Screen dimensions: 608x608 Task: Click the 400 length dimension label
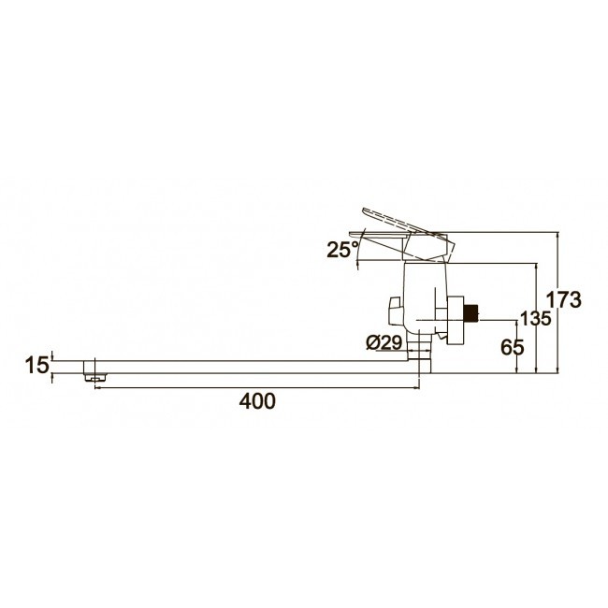click(x=257, y=401)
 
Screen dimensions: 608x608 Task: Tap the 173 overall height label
click(x=564, y=299)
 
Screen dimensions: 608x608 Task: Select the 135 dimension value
click(x=535, y=319)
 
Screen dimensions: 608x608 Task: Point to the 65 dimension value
click(x=513, y=347)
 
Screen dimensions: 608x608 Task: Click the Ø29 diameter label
click(x=384, y=342)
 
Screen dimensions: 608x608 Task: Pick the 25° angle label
click(x=342, y=250)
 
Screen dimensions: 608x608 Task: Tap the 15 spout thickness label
click(x=37, y=365)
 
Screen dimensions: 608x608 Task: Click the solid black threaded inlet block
click(x=472, y=313)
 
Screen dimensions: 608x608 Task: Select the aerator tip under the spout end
click(x=95, y=377)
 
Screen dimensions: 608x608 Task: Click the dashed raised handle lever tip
click(x=366, y=211)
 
